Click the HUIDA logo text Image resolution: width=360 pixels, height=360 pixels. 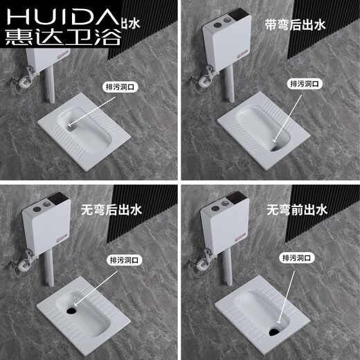tap(61, 16)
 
